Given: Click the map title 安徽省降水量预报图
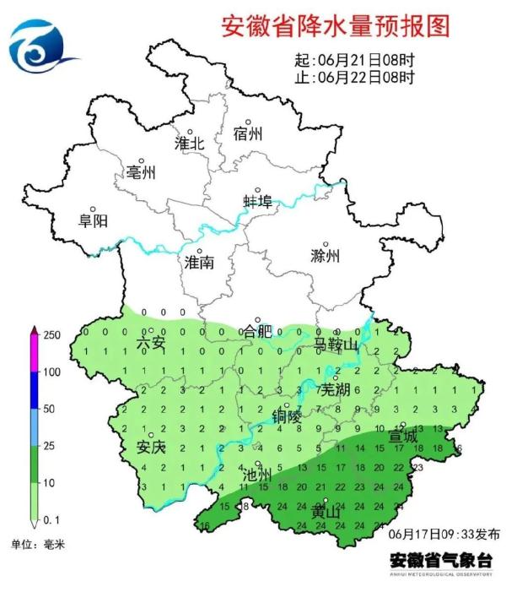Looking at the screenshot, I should coord(335,26).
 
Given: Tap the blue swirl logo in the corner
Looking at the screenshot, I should coord(42,47).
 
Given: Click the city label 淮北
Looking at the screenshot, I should coord(189,144).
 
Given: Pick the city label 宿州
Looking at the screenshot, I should coord(248,134).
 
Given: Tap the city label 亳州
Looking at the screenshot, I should coord(141,173).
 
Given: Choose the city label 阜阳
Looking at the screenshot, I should coord(93,220).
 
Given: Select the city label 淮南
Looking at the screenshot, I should coord(199,263).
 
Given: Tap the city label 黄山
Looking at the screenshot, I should coord(326,513).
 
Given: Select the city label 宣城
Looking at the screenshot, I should coord(402,437).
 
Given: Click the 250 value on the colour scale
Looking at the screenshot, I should coord(51,336).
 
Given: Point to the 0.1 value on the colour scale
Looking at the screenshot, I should coord(51,517).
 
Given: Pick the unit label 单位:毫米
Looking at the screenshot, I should coord(37,545).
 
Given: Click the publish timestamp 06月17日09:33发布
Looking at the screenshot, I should coord(444,535).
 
